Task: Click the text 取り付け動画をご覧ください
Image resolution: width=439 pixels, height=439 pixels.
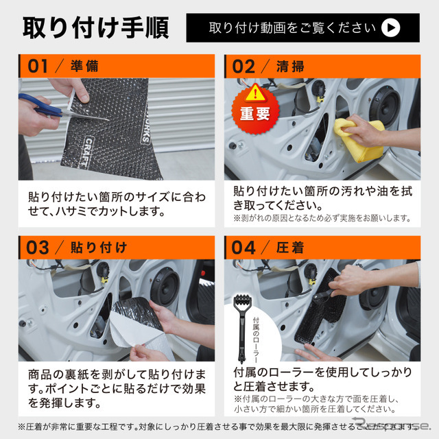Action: (x=292, y=28)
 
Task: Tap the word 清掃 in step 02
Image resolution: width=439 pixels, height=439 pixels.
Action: (x=291, y=67)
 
